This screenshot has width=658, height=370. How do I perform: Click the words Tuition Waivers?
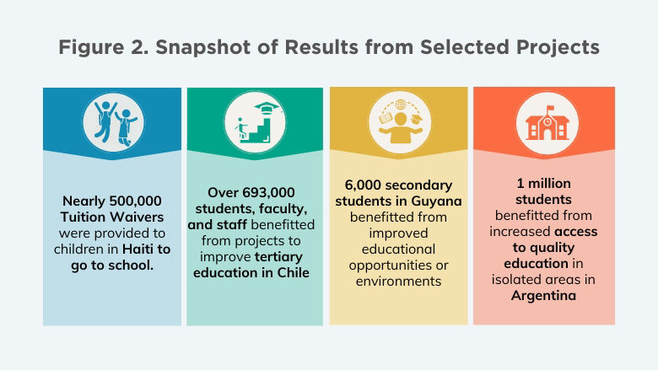pyautogui.click(x=112, y=217)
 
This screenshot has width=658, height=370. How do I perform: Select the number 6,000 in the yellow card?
pyautogui.click(x=364, y=185)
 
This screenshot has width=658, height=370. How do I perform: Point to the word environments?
pyautogui.click(x=398, y=281)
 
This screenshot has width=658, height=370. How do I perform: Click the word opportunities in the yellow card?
pyautogui.click(x=398, y=265)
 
